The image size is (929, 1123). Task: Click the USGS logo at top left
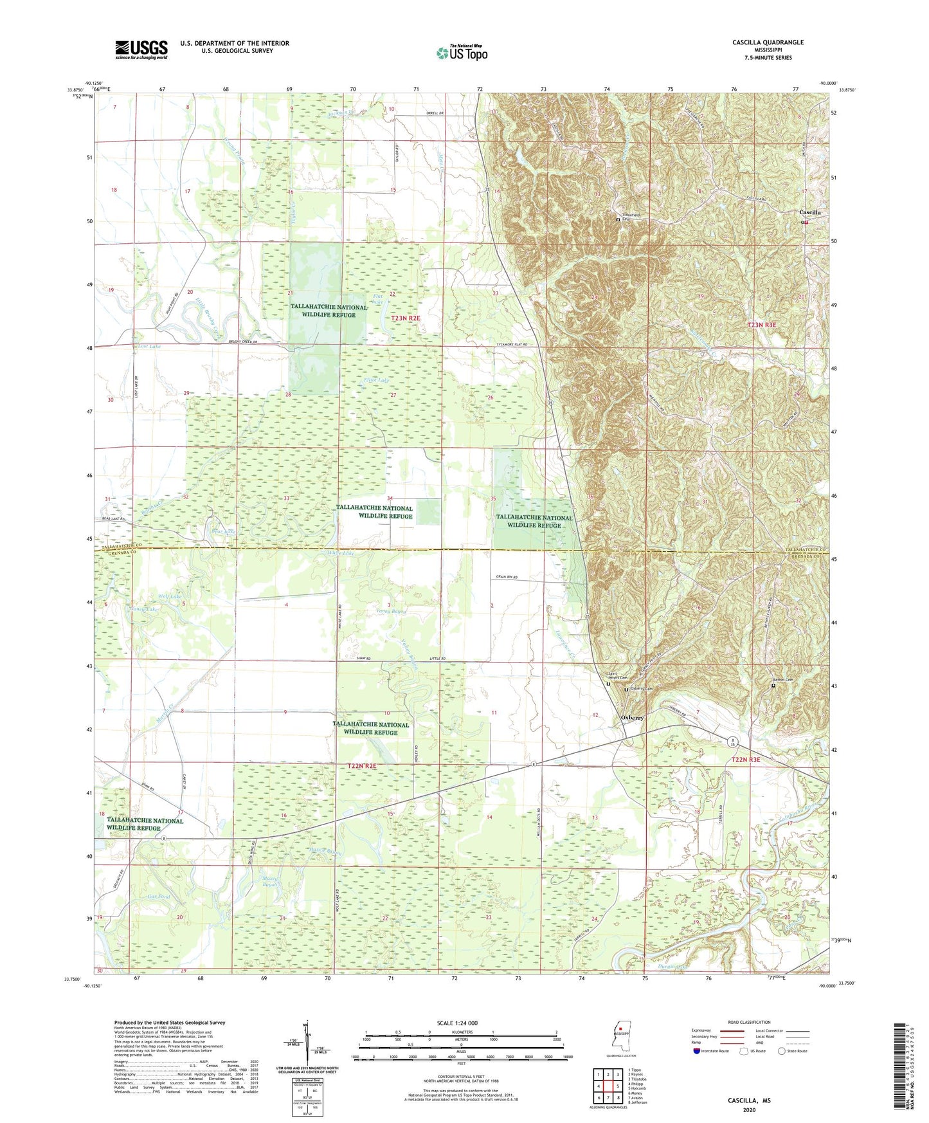coord(141,50)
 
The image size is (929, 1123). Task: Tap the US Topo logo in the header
coord(461,53)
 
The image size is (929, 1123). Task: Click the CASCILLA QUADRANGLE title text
coord(768,42)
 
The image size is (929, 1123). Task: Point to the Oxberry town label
coord(631,718)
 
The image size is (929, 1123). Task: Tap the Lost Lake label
coord(149,346)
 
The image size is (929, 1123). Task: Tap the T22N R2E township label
coord(361,766)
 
